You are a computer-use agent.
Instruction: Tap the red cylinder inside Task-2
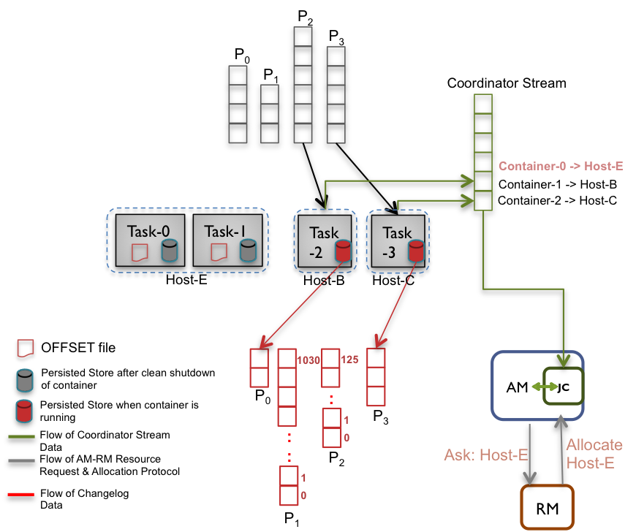[343, 251]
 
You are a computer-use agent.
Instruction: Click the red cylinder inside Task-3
[416, 251]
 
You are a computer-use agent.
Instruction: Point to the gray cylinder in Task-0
[170, 251]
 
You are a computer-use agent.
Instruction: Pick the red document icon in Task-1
[218, 252]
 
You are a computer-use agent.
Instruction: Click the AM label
[517, 387]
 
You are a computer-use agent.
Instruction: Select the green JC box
[563, 387]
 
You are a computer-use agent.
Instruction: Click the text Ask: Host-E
[486, 455]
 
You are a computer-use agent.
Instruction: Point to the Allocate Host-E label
[594, 453]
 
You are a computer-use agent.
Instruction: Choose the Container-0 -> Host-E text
[561, 166]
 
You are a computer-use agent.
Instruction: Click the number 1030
[308, 360]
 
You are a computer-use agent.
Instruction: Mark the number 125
[349, 360]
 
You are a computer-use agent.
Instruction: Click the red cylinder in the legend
[25, 411]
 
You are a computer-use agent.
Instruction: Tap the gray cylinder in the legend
[25, 380]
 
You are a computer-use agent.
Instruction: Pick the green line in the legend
[21, 437]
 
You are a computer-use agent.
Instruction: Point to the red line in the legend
[21, 495]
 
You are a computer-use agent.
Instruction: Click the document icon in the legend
[26, 347]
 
